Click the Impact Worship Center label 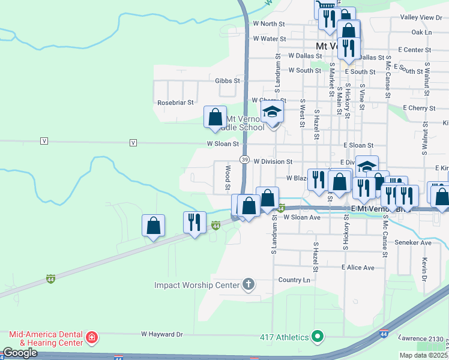tap(197, 285)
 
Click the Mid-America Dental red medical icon tap(91, 338)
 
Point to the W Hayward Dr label tap(161, 334)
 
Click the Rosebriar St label tap(175, 103)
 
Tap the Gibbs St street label tap(228, 80)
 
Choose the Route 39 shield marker tap(245, 160)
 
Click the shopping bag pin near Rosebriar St tap(215, 117)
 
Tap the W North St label tap(268, 23)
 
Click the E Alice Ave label tap(358, 267)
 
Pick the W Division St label tap(273, 161)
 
